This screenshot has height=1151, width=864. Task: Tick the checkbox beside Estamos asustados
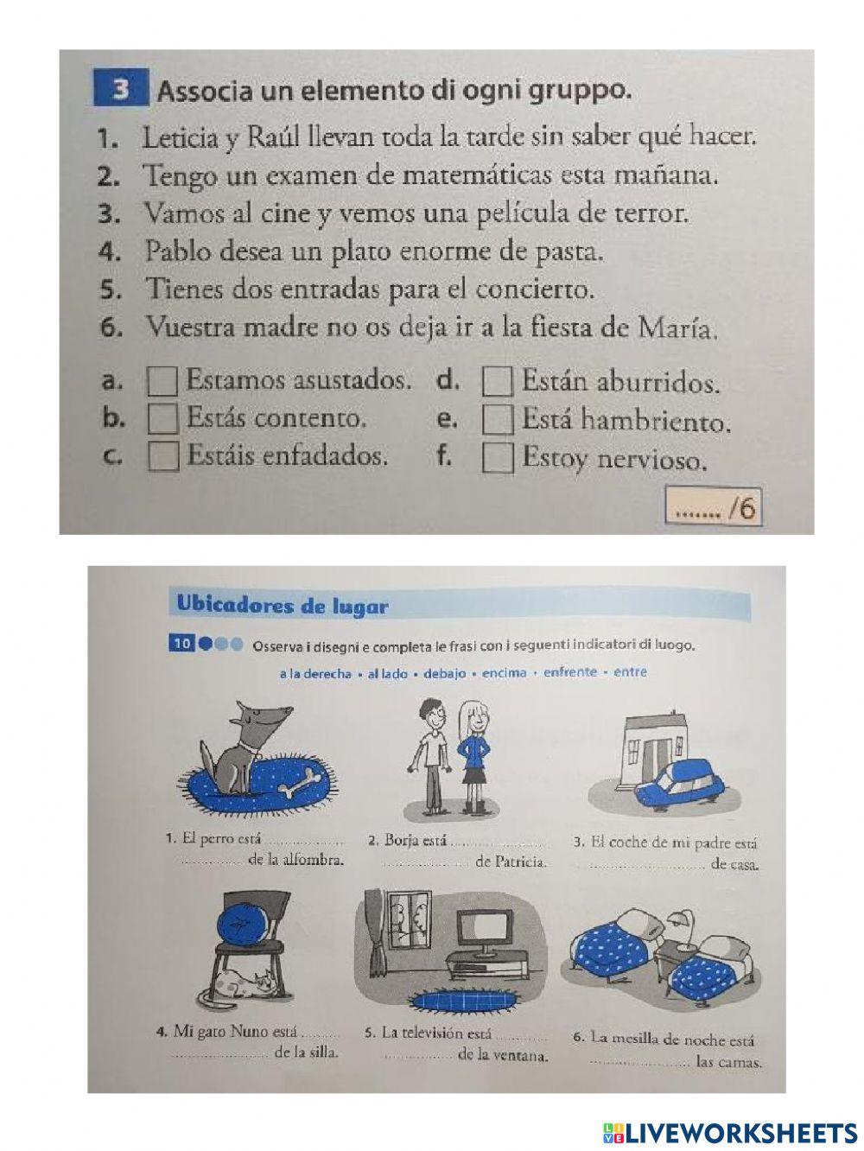(163, 381)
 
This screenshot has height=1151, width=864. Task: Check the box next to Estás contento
(163, 418)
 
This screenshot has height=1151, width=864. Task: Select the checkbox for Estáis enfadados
(163, 455)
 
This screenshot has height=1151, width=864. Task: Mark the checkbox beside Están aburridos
(497, 381)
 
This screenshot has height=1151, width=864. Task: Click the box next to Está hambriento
(497, 419)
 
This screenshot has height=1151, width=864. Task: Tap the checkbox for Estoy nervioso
(497, 457)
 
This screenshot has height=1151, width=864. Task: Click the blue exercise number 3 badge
(121, 90)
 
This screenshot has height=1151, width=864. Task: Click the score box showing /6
(714, 508)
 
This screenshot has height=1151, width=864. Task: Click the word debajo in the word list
(444, 673)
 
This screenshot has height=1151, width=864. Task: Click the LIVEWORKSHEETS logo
(730, 1132)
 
